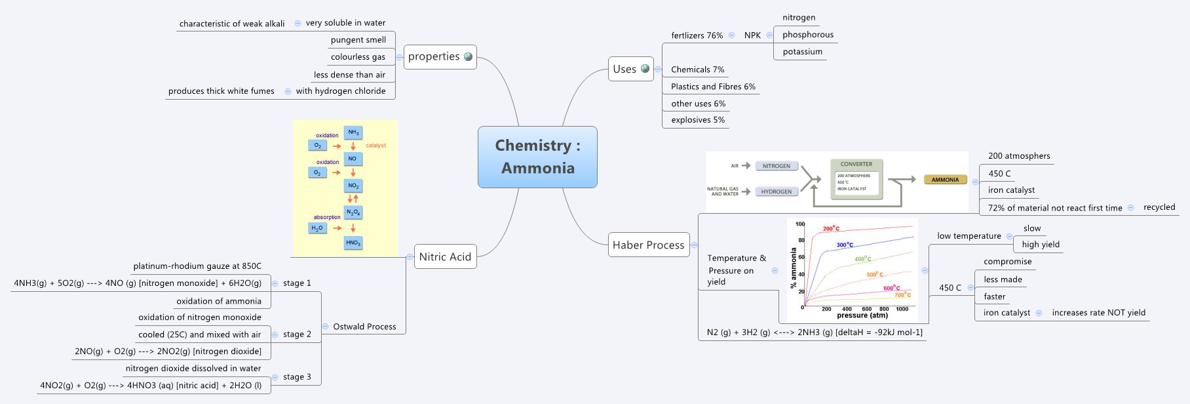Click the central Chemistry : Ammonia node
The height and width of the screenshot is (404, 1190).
pos(537,157)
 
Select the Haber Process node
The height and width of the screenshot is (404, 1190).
pos(648,245)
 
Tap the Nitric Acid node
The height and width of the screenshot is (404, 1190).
pos(445,256)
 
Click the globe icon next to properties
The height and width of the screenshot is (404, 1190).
pos(468,56)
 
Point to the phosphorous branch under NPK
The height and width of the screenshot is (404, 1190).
pos(807,35)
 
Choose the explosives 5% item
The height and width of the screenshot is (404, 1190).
pos(697,120)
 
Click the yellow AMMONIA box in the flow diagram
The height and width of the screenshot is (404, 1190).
pos(945,180)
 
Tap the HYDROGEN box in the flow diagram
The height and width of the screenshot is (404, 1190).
pos(777,192)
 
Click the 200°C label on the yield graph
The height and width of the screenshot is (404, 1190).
pos(831,228)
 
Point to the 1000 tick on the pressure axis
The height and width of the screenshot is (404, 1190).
pos(902,309)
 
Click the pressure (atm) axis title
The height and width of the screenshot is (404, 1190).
pos(862,315)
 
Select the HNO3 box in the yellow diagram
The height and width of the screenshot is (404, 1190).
pos(353,243)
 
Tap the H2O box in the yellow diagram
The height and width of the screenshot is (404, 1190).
pos(317,228)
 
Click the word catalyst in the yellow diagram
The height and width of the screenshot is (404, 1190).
pos(375,146)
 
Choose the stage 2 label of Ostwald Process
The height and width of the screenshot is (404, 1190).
pos(297,334)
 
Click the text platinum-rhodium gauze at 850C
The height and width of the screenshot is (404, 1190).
pos(197,266)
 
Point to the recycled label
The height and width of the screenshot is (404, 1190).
pos(1159,207)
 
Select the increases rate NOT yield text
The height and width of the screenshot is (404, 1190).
pos(1098,313)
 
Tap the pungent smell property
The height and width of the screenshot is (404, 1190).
pos(358,40)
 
